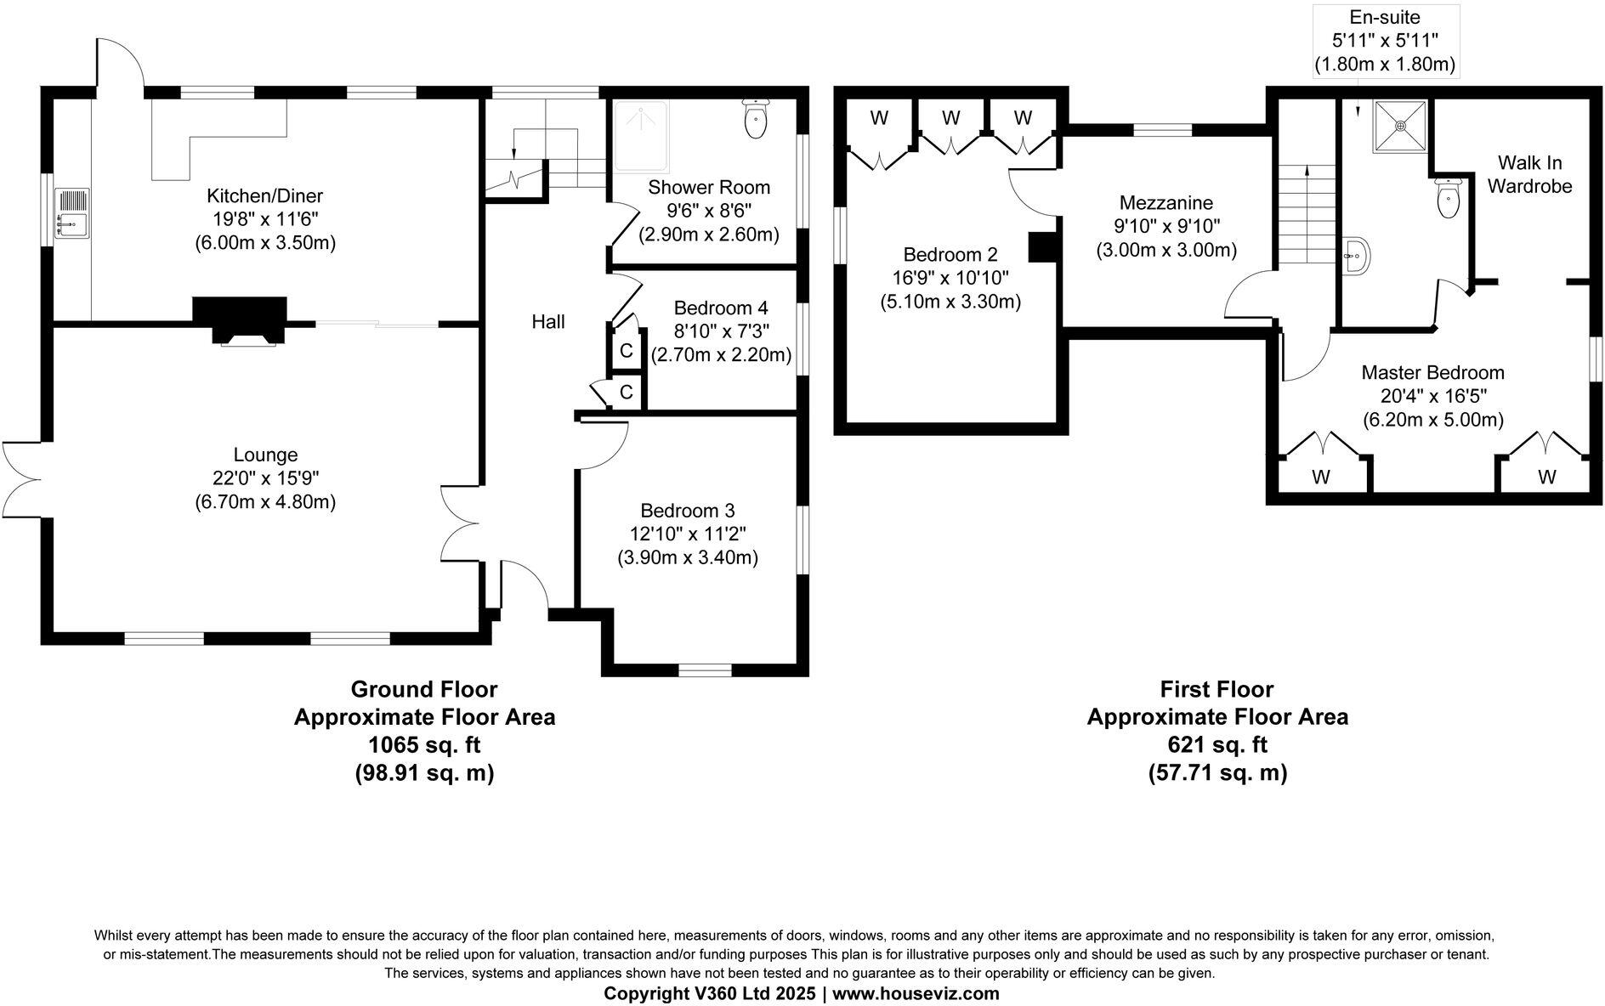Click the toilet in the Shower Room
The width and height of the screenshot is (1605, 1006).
click(x=755, y=119)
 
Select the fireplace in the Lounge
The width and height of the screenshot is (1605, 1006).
click(x=240, y=321)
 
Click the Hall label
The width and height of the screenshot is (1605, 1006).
click(x=548, y=321)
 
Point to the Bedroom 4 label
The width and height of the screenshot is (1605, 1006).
click(x=712, y=308)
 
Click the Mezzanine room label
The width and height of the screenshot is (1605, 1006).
click(x=1165, y=203)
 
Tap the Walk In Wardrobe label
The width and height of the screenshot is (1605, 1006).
click(x=1529, y=174)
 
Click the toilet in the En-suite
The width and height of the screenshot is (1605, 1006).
click(x=1447, y=198)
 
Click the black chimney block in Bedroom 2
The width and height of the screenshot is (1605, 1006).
click(x=1041, y=246)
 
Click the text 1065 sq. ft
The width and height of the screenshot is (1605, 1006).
click(x=424, y=745)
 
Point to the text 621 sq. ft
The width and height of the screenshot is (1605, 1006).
click(x=1217, y=745)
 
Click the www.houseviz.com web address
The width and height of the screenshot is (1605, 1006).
click(x=915, y=993)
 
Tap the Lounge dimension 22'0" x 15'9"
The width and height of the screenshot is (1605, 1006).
click(x=265, y=478)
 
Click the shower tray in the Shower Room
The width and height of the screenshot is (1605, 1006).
click(x=639, y=136)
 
